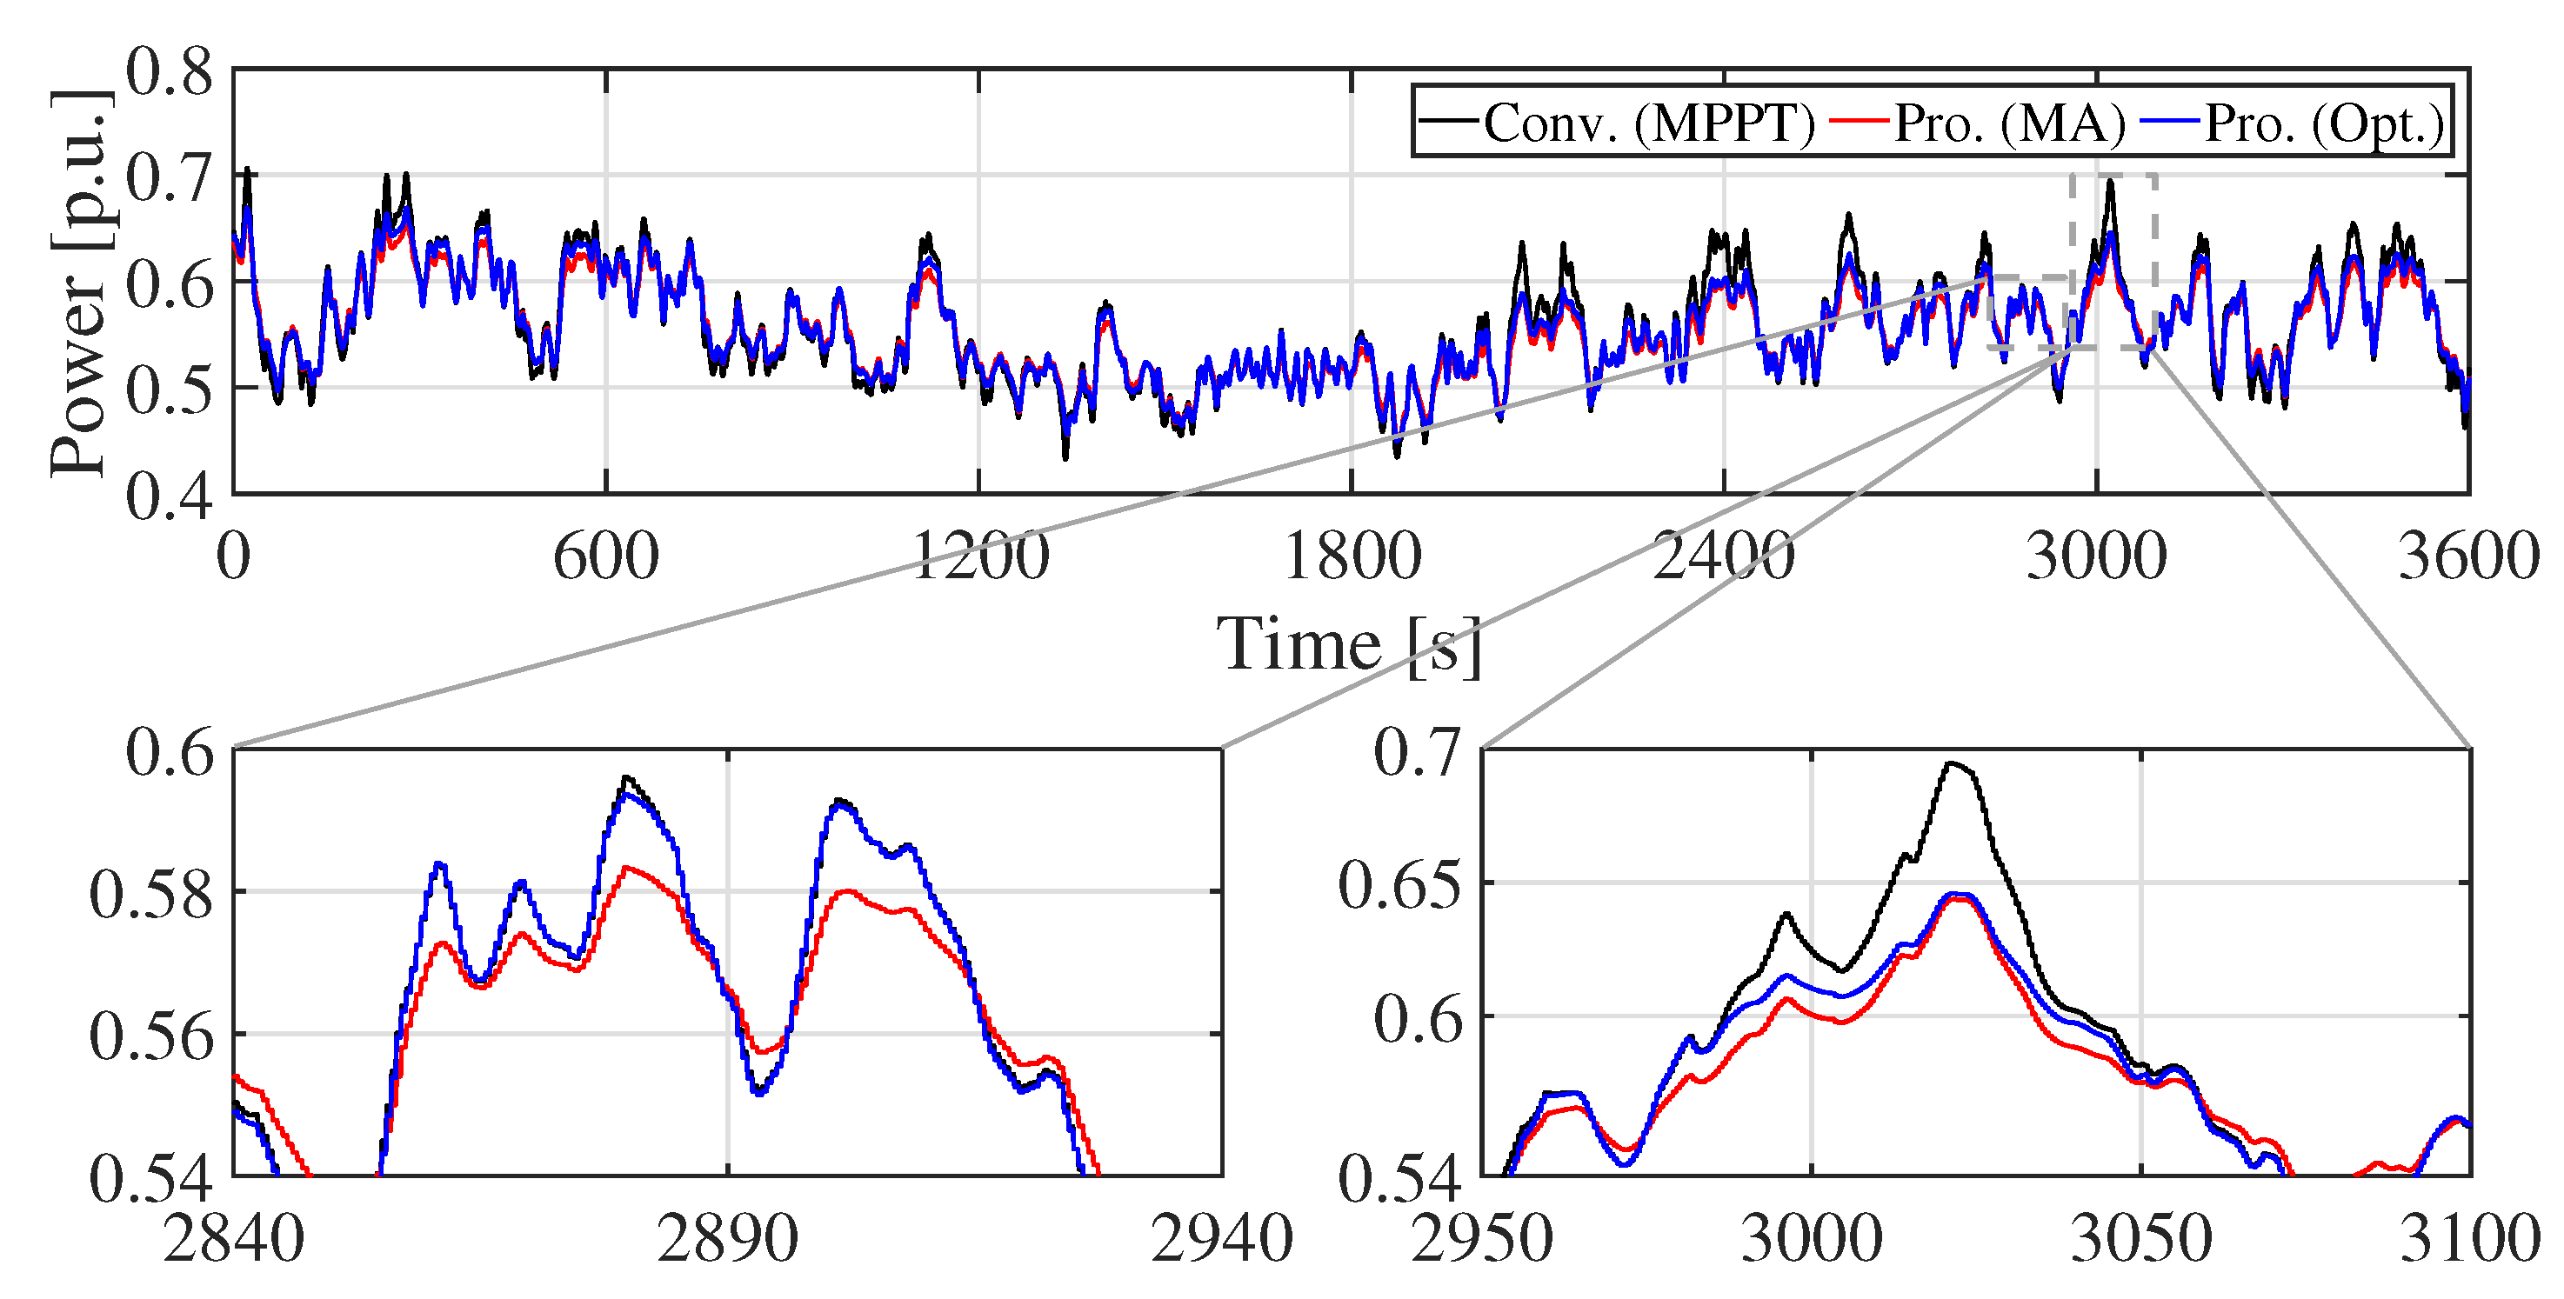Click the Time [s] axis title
coord(1349,645)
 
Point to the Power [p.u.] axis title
coord(80,283)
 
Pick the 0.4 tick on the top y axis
coord(170,495)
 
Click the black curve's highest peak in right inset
coord(1952,763)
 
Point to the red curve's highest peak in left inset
coord(625,868)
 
